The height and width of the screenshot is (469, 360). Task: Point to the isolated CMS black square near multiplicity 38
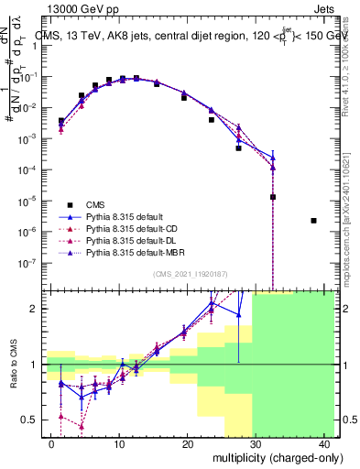[x=313, y=221]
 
